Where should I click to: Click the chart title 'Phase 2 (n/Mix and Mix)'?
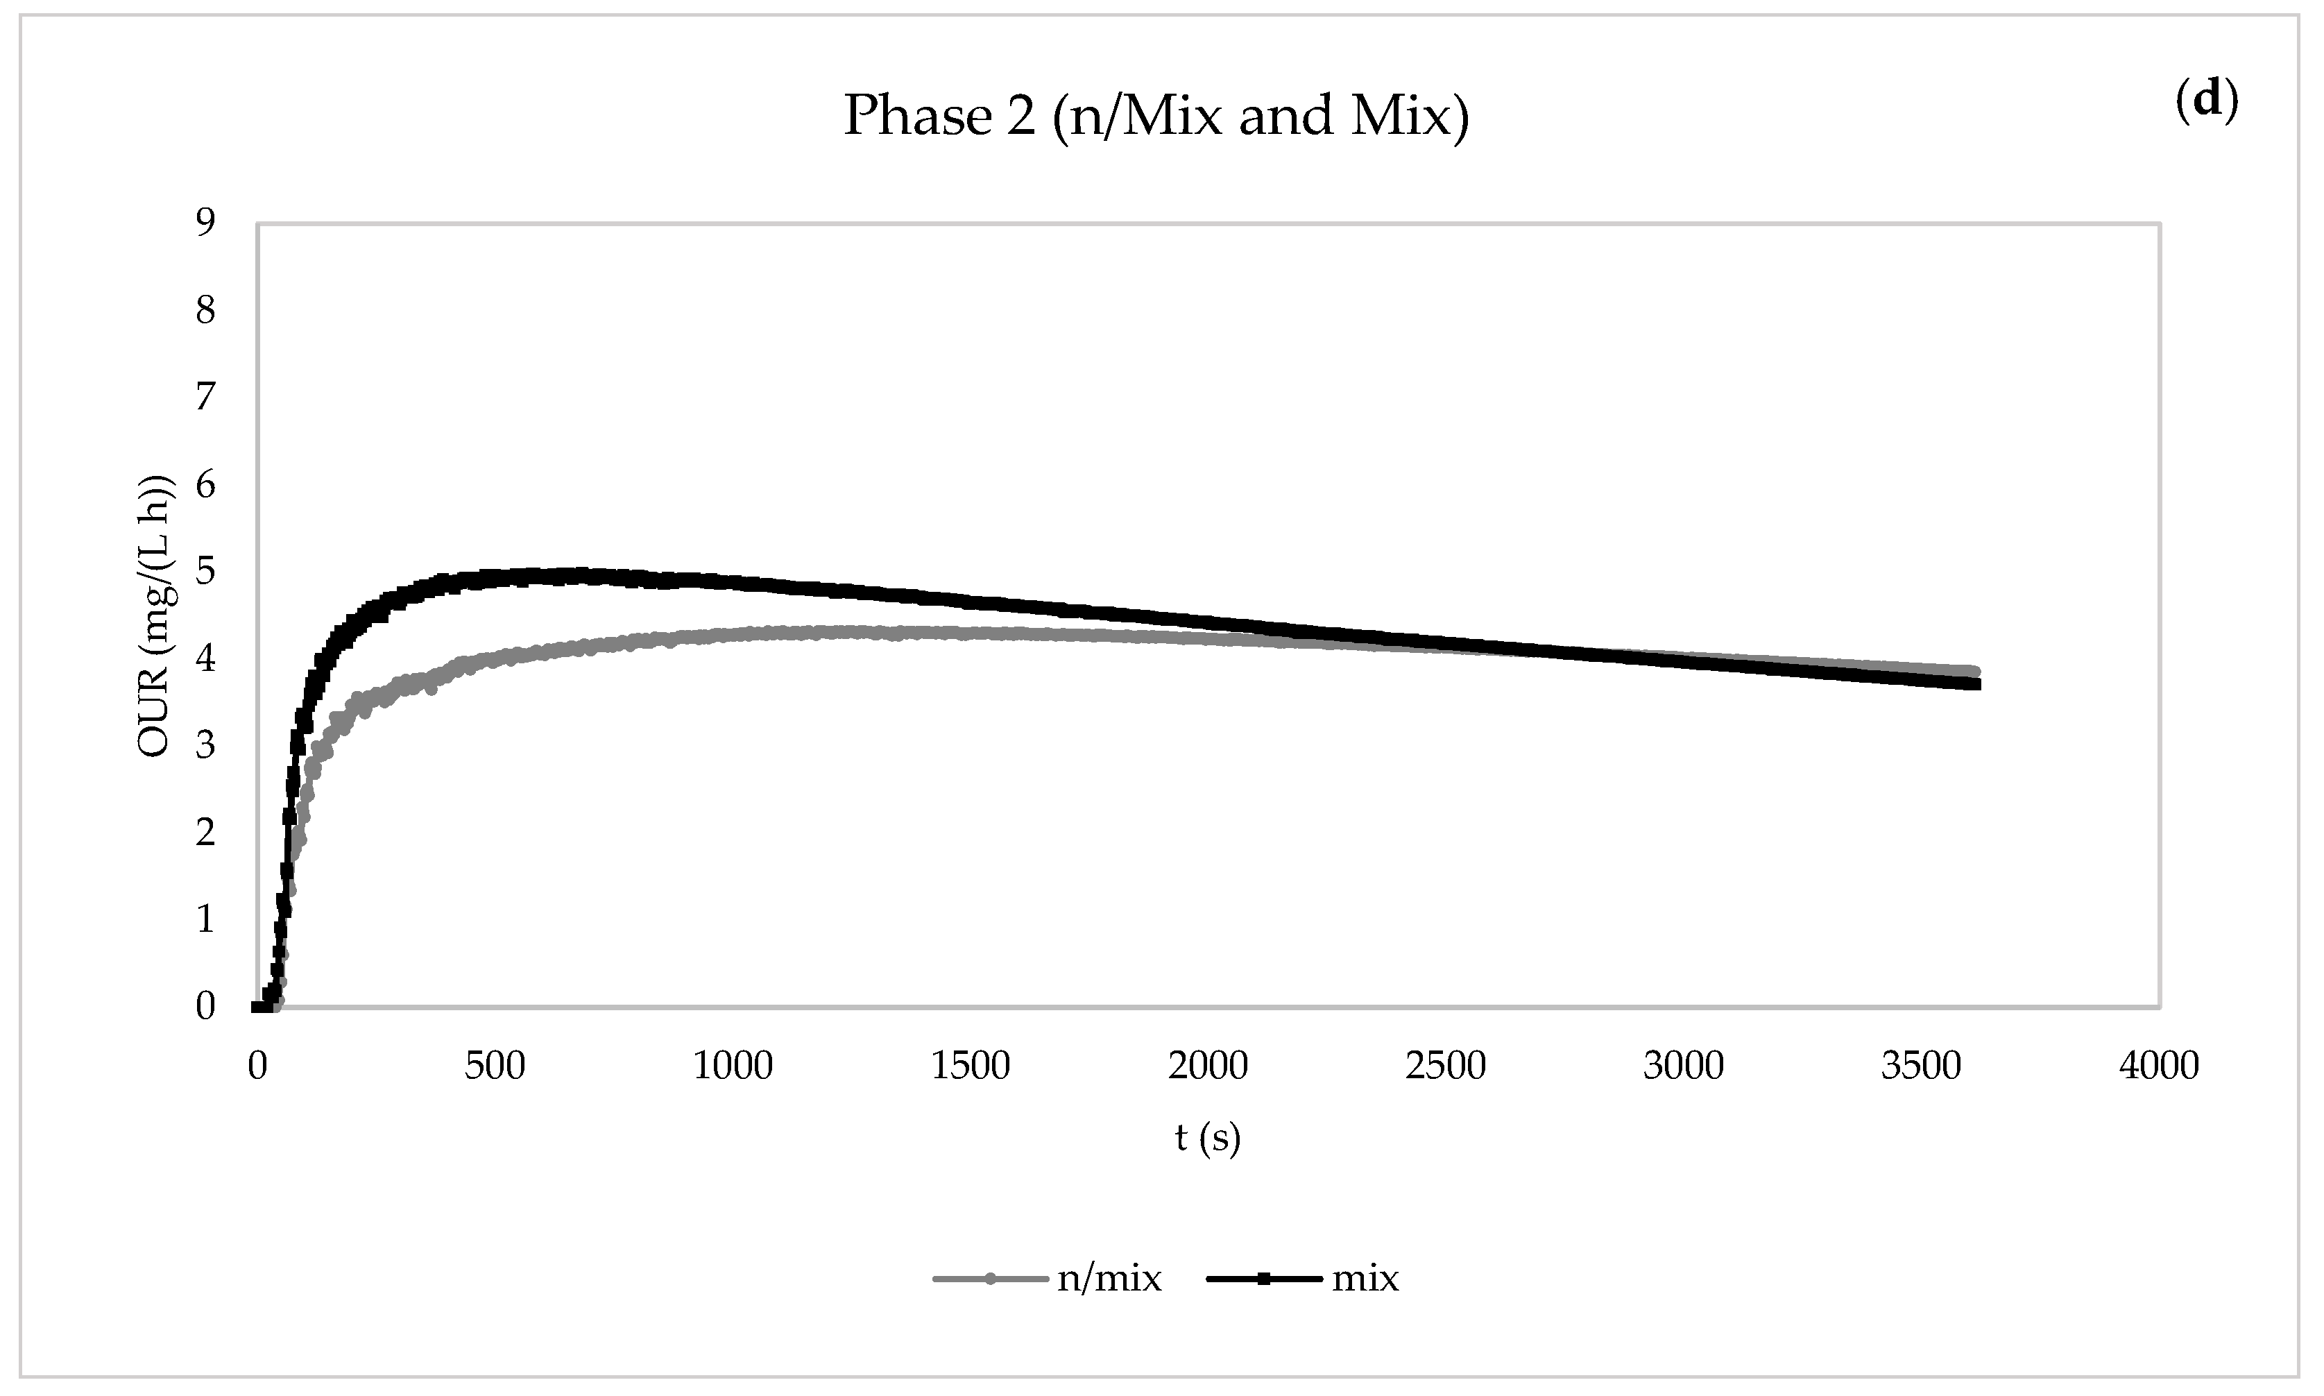[x=1155, y=116]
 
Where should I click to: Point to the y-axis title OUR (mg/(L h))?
[x=156, y=616]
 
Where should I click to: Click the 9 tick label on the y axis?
[x=205, y=223]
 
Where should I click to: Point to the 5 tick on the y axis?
[x=205, y=571]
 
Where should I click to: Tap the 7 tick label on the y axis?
[x=205, y=397]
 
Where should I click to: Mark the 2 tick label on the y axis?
[x=205, y=832]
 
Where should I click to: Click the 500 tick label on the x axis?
[x=495, y=1066]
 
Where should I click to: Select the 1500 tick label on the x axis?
[x=971, y=1066]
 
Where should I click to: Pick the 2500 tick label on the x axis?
[x=1446, y=1066]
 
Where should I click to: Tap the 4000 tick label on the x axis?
[x=2158, y=1066]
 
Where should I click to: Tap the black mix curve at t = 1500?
[x=971, y=600]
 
